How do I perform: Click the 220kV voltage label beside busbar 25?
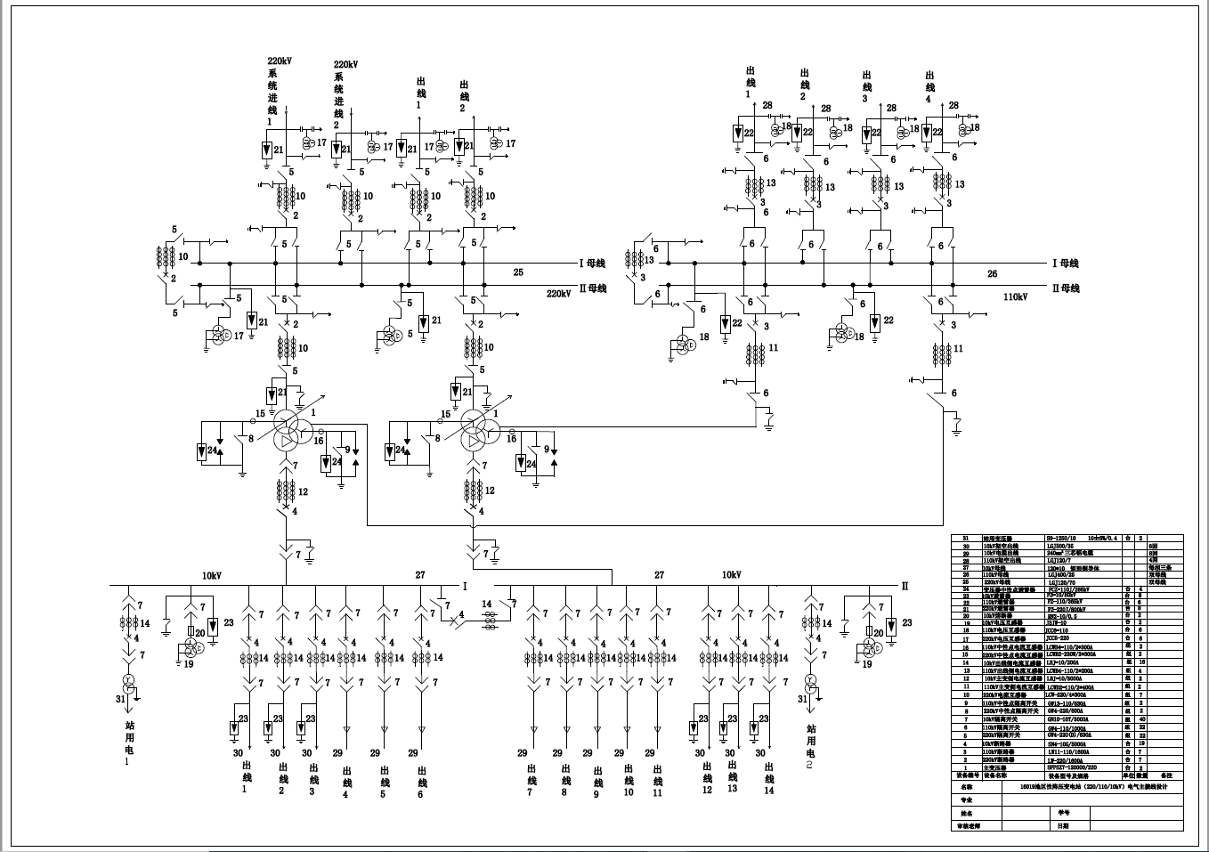(x=558, y=293)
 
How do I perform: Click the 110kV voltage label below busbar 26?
(x=1016, y=298)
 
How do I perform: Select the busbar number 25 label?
(x=518, y=272)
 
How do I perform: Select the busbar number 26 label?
(x=993, y=274)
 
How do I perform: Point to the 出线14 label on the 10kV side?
(x=769, y=777)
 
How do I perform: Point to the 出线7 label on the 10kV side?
(x=531, y=777)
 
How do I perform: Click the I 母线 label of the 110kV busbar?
(x=1065, y=264)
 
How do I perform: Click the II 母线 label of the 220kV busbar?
(x=592, y=288)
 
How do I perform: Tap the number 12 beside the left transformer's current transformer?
(x=304, y=491)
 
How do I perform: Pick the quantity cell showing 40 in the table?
(x=1142, y=719)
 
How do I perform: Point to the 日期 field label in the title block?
(x=1063, y=825)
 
